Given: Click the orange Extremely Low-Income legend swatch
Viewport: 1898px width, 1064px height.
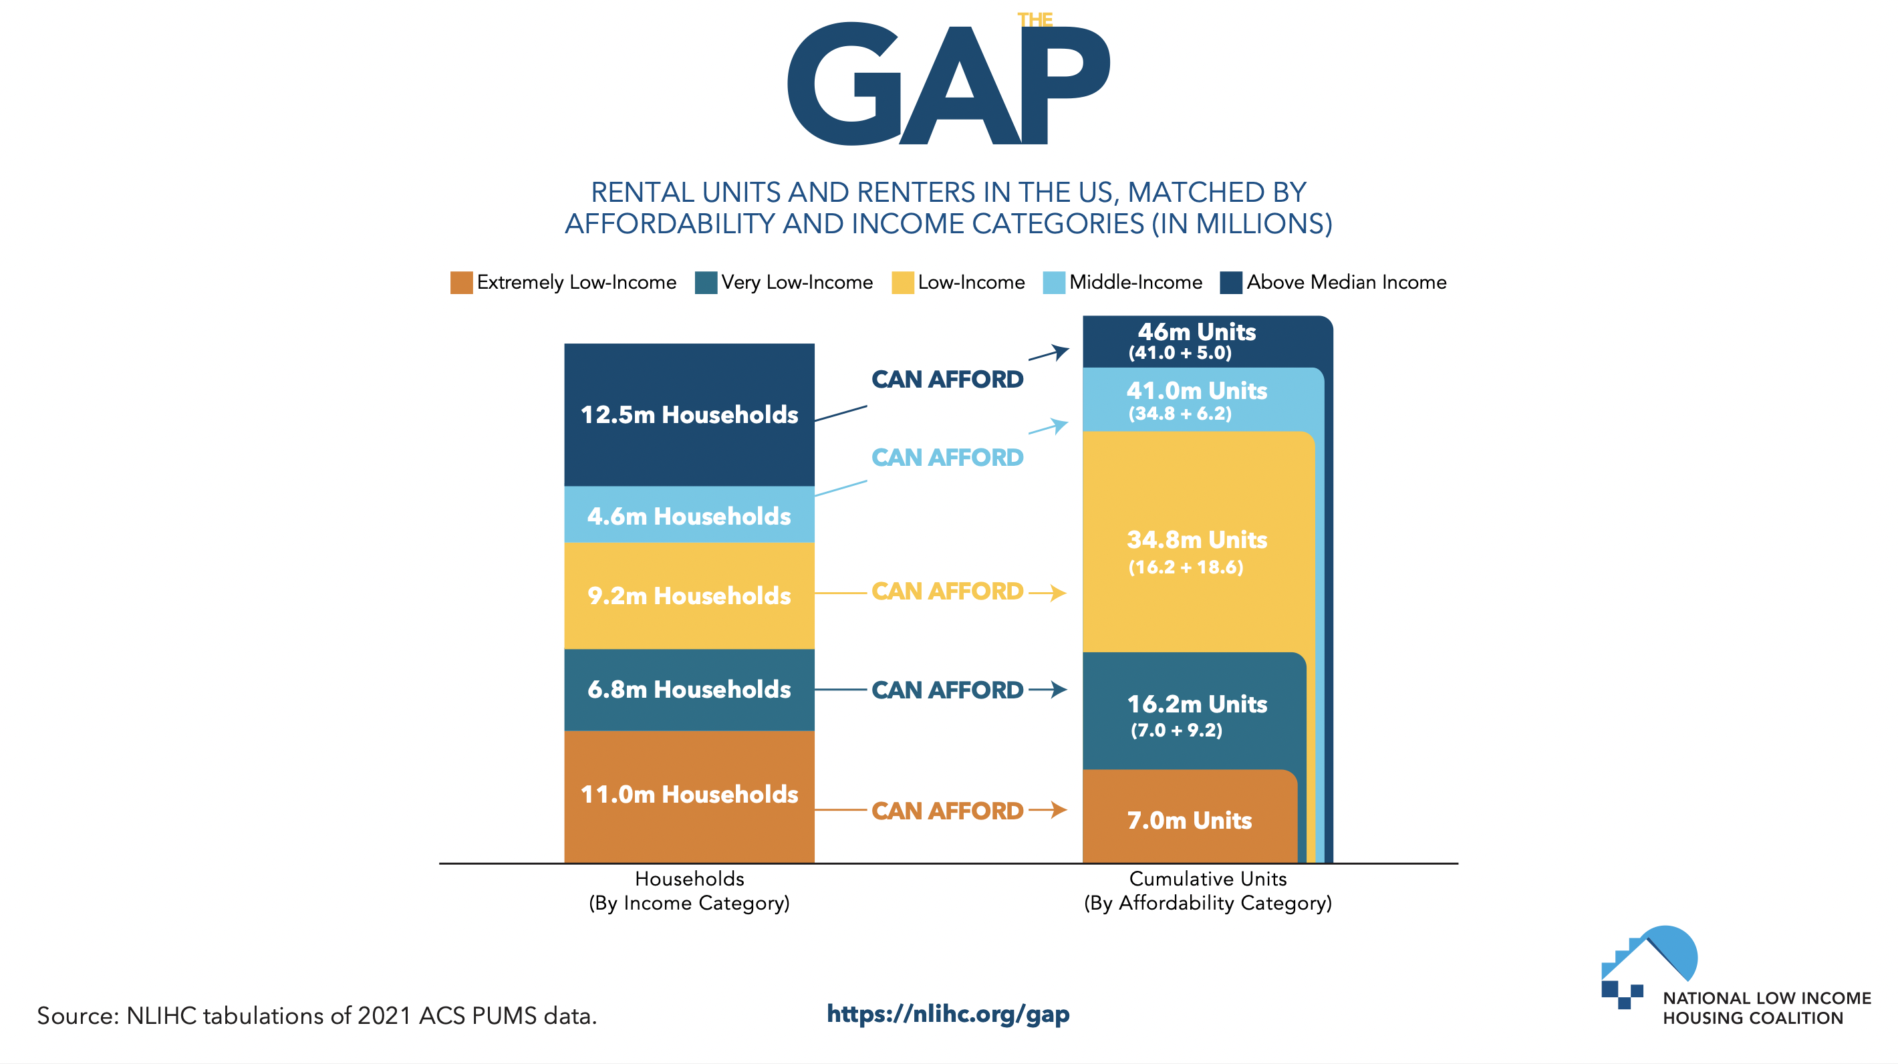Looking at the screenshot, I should [x=461, y=283].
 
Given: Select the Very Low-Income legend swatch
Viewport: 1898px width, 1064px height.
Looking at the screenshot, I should [x=706, y=283].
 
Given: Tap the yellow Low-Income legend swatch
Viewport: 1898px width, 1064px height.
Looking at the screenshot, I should [x=903, y=283].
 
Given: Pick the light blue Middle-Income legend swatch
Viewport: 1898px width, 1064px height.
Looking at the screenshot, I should [x=1054, y=283].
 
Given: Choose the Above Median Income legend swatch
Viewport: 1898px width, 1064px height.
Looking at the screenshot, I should [x=1230, y=283].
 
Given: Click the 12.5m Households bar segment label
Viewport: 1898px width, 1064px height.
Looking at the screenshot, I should [x=689, y=415].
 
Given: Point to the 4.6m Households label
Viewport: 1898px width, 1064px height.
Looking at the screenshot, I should [x=689, y=516].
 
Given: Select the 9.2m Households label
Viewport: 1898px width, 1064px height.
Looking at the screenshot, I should [x=689, y=595].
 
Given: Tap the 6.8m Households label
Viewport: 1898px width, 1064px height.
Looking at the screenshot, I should [x=689, y=689].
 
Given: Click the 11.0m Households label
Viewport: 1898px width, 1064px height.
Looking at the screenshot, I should [x=689, y=794].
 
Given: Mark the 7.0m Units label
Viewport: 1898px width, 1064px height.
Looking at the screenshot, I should [x=1189, y=820].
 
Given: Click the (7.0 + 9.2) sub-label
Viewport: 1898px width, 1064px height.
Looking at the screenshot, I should [x=1177, y=730].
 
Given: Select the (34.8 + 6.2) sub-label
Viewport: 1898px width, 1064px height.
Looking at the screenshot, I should [x=1180, y=413].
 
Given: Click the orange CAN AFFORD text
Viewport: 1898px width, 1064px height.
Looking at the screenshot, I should [x=948, y=811].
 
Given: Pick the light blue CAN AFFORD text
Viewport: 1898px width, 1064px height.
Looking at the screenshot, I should [x=948, y=458].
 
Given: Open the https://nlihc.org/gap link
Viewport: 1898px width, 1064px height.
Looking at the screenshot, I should [x=948, y=1014].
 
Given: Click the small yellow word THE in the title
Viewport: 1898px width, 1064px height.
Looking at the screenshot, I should [x=1035, y=20].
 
